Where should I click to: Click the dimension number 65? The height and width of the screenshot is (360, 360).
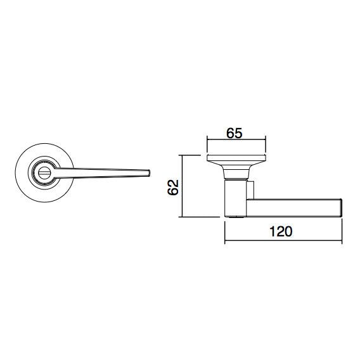pyautogui.click(x=235, y=134)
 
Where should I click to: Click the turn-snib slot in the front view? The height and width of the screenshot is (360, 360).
pyautogui.click(x=46, y=172)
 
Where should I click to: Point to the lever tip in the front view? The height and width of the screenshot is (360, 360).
pyautogui.click(x=147, y=172)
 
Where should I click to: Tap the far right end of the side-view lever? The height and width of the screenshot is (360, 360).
pyautogui.click(x=341, y=207)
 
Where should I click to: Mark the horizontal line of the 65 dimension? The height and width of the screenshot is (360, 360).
pyautogui.click(x=235, y=143)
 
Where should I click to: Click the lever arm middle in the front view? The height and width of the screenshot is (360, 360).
pyautogui.click(x=101, y=171)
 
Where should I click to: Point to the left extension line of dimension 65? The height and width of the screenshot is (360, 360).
pyautogui.click(x=207, y=146)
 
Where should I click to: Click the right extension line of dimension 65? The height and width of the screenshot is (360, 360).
pyautogui.click(x=264, y=146)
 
